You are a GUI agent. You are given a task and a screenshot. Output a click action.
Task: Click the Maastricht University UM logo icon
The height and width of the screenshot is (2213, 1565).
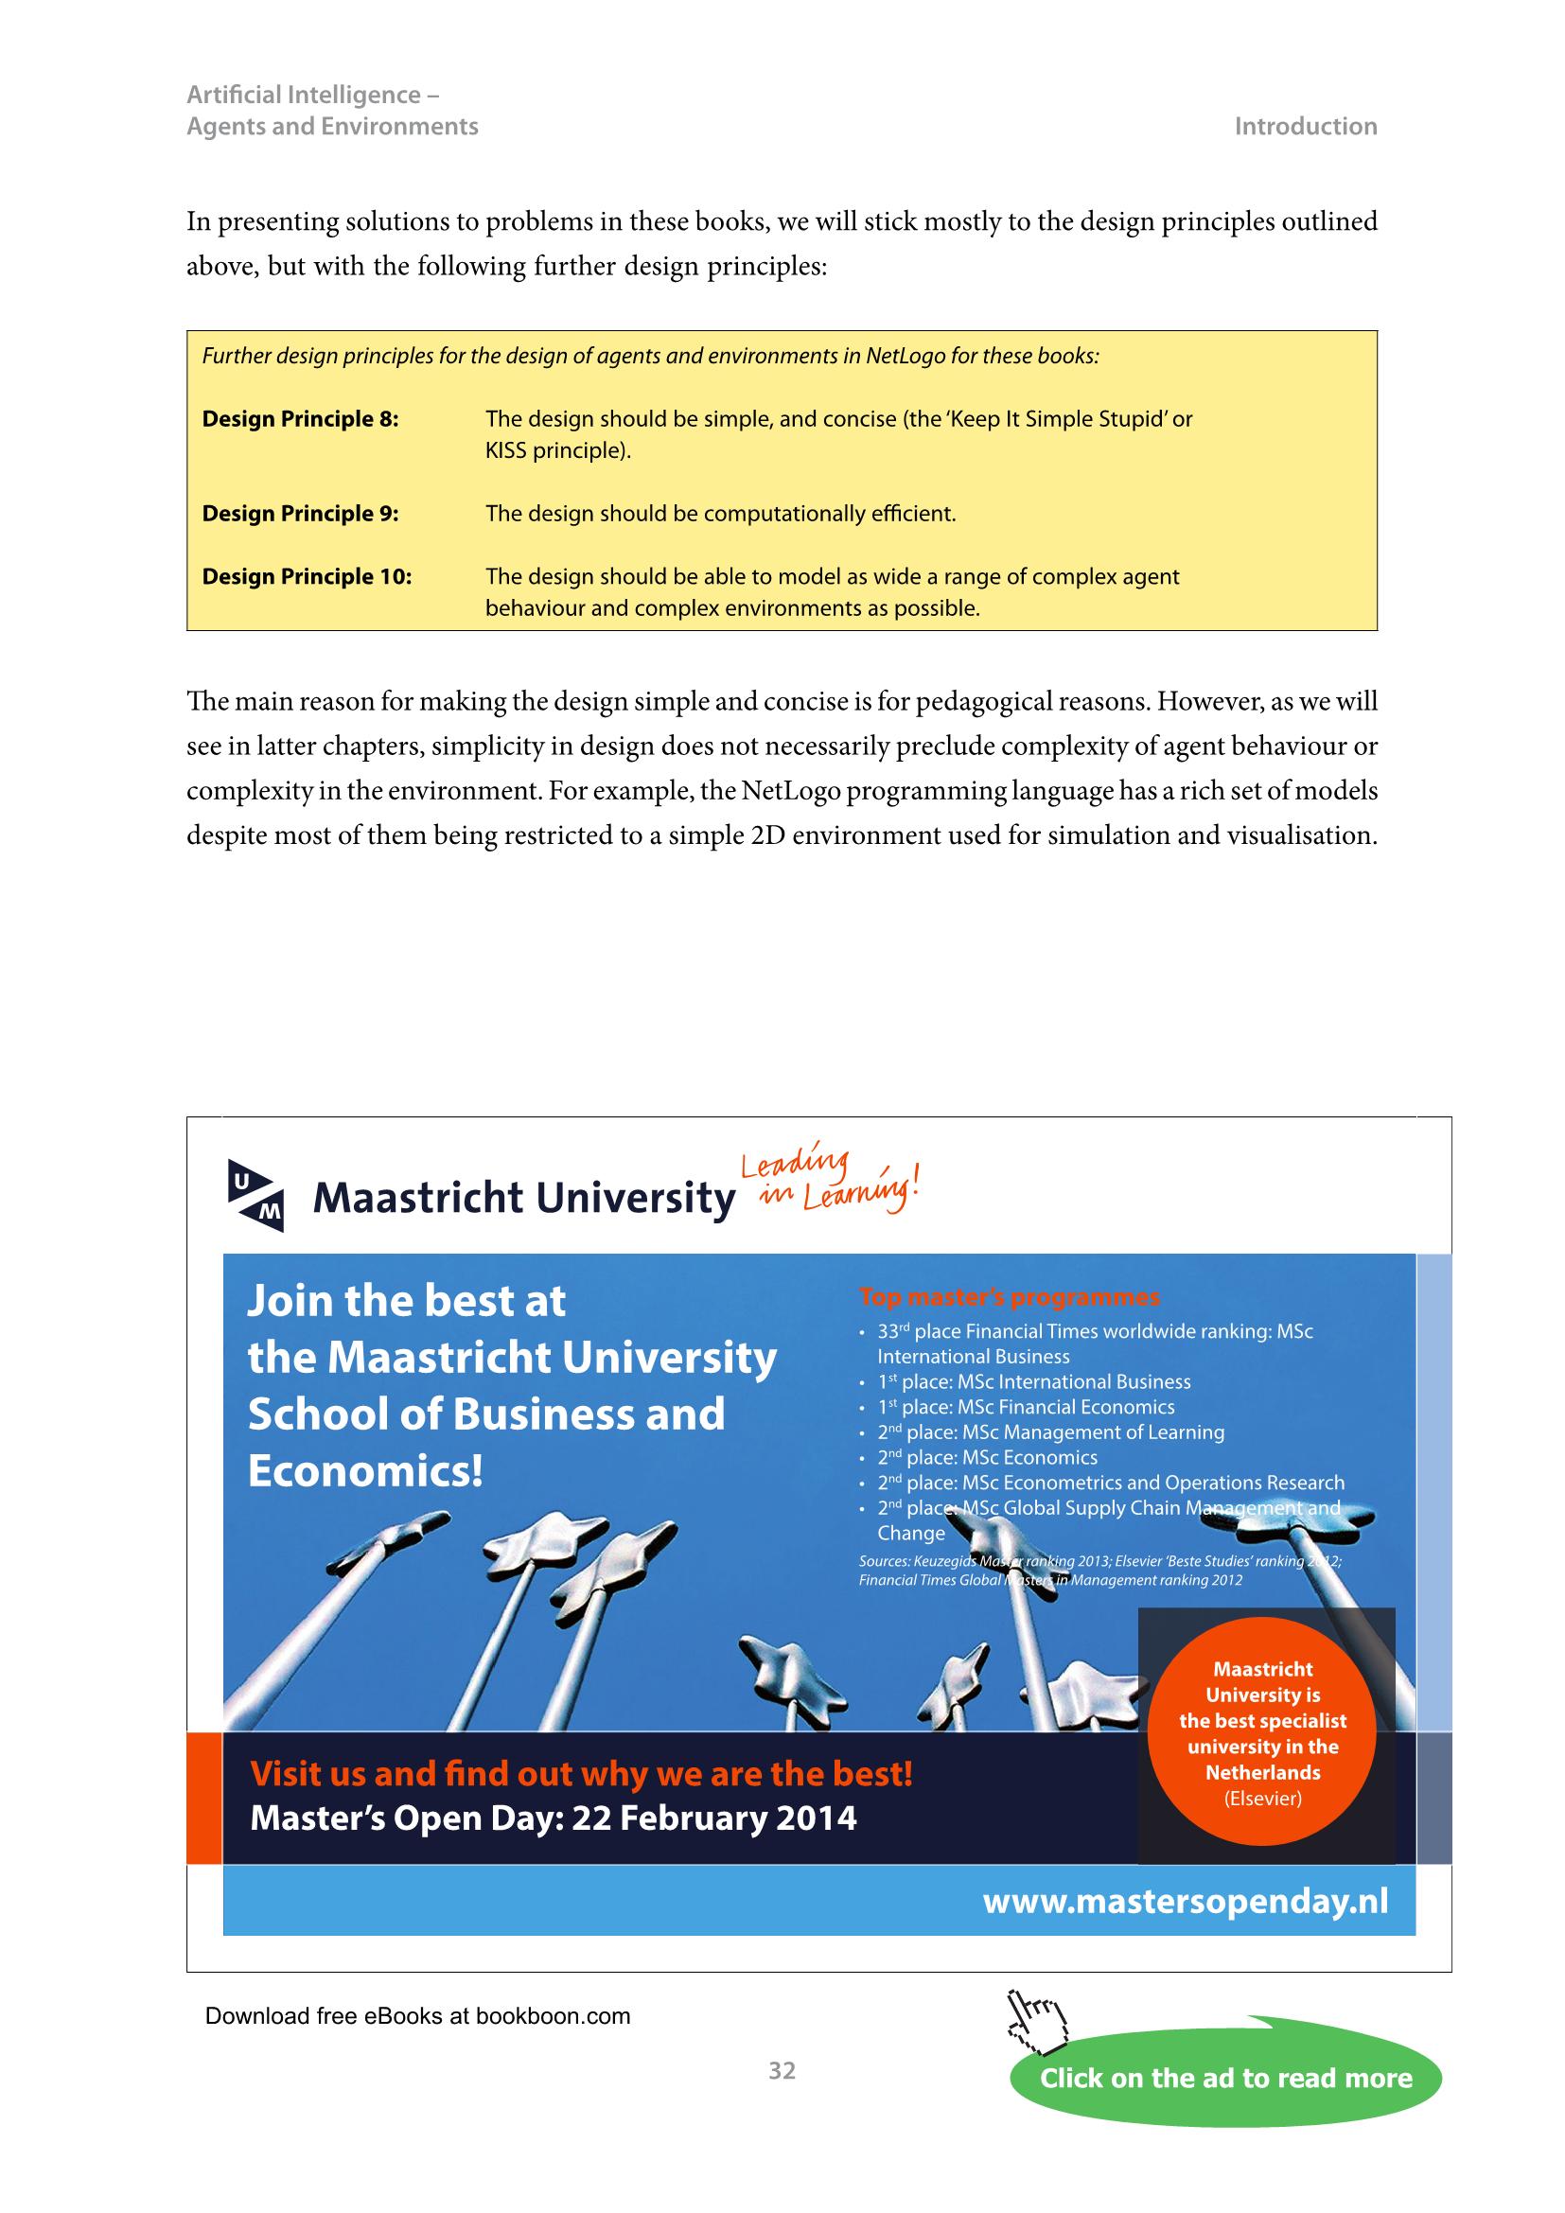[255, 1195]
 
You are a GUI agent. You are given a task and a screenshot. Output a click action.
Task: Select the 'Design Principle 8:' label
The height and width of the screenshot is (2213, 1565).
[300, 419]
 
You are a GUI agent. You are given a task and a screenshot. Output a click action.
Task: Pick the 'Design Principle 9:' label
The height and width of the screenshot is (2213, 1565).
[300, 514]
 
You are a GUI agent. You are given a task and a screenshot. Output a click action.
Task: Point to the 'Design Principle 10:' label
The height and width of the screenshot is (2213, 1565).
[307, 576]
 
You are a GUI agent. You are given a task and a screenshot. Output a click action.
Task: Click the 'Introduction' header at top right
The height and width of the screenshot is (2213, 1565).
[1305, 126]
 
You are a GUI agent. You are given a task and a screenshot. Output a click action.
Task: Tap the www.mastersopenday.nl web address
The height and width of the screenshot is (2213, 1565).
[1185, 1902]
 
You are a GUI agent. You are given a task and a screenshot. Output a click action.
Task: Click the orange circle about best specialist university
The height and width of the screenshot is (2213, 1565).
[1261, 1732]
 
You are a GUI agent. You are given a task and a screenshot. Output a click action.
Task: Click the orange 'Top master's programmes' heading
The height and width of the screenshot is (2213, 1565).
[1009, 1297]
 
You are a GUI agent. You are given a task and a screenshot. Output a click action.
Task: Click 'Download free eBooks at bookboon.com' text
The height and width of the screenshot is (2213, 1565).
[417, 2015]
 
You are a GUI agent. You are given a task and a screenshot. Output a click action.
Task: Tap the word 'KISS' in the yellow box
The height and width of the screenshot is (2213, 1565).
[506, 450]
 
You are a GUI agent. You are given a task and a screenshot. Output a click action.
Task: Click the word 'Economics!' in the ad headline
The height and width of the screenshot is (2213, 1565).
[365, 1471]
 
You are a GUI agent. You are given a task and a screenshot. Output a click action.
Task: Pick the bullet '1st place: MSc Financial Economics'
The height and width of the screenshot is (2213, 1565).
[1026, 1407]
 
